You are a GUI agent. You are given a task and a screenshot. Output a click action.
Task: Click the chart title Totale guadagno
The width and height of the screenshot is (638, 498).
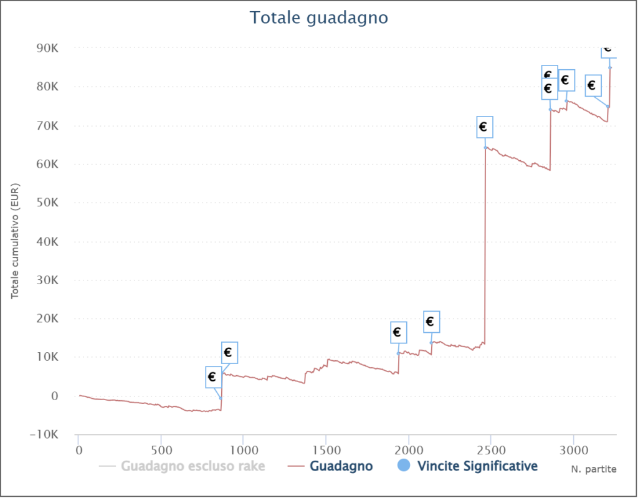click(x=319, y=17)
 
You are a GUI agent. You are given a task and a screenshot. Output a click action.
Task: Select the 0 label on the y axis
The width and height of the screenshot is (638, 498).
click(x=55, y=396)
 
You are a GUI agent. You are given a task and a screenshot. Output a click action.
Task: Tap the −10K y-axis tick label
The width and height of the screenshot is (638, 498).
click(x=46, y=434)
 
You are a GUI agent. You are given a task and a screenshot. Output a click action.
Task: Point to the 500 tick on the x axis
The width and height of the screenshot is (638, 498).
click(x=161, y=449)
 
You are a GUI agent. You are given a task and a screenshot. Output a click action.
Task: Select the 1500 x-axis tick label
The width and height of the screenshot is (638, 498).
click(x=326, y=449)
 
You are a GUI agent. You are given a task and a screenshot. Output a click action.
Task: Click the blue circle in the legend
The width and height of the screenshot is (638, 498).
click(x=404, y=466)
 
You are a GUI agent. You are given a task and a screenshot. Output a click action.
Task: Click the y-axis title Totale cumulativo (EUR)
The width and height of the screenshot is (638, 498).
click(x=15, y=240)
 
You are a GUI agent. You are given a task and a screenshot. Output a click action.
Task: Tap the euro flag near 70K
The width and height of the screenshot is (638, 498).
click(x=484, y=127)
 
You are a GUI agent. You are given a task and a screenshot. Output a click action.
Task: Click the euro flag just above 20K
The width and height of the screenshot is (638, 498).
click(x=431, y=322)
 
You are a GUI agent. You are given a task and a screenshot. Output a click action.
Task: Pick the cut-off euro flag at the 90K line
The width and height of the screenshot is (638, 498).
click(x=609, y=50)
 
